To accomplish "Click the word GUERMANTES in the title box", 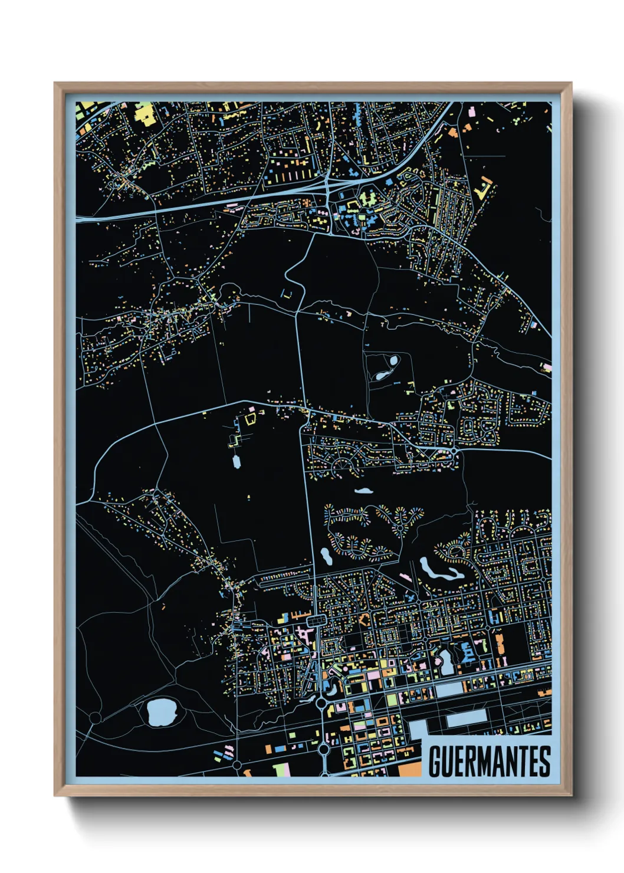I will pos(489,762).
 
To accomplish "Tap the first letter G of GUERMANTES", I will pos(435,762).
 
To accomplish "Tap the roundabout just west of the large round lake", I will pos(96,717).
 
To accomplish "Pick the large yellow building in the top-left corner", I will pos(144,113).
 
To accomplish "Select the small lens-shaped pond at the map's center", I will pos(363,490).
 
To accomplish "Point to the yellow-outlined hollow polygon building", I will pos(250,418).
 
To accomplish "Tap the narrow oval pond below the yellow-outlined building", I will pos(237,461).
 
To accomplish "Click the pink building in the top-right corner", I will pos(472,110).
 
